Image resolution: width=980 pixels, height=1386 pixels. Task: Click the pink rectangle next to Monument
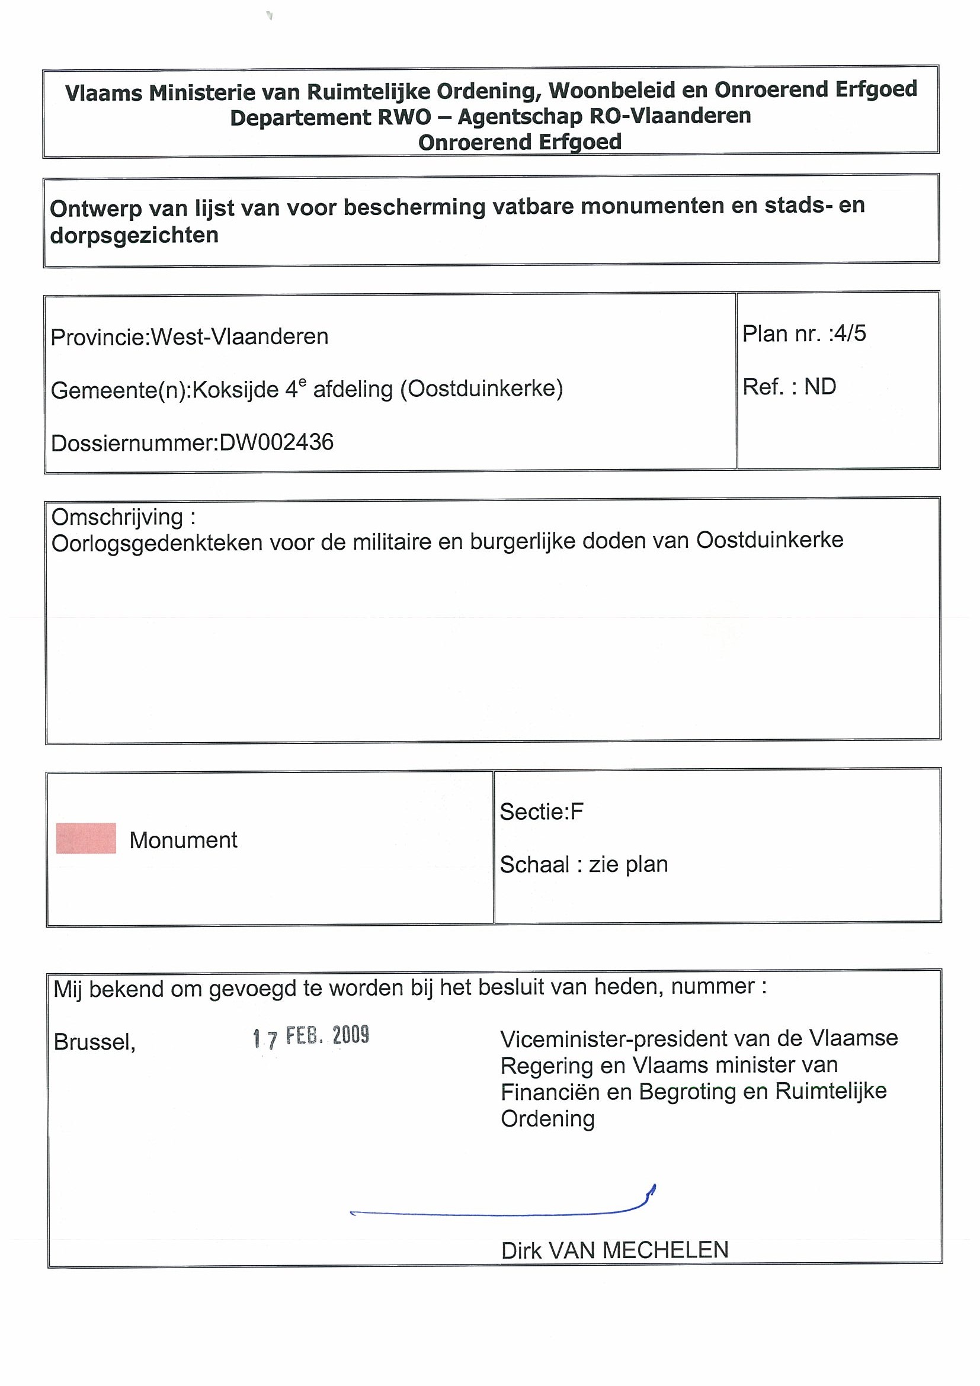click(86, 839)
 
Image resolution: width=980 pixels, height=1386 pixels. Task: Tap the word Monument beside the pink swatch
click(183, 840)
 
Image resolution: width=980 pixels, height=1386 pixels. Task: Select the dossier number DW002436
click(276, 442)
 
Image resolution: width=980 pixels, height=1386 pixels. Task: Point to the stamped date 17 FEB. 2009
click(311, 1037)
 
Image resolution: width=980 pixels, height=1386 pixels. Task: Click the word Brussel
click(94, 1042)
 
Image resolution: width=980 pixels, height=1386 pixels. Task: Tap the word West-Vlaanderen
click(239, 336)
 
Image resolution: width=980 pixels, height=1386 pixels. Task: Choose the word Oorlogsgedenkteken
click(157, 543)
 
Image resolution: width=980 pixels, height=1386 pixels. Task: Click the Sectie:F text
click(541, 812)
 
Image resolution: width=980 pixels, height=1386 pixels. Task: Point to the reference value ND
click(819, 386)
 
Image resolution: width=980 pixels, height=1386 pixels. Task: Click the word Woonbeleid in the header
click(610, 91)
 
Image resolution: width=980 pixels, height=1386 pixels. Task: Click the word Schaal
click(534, 865)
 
